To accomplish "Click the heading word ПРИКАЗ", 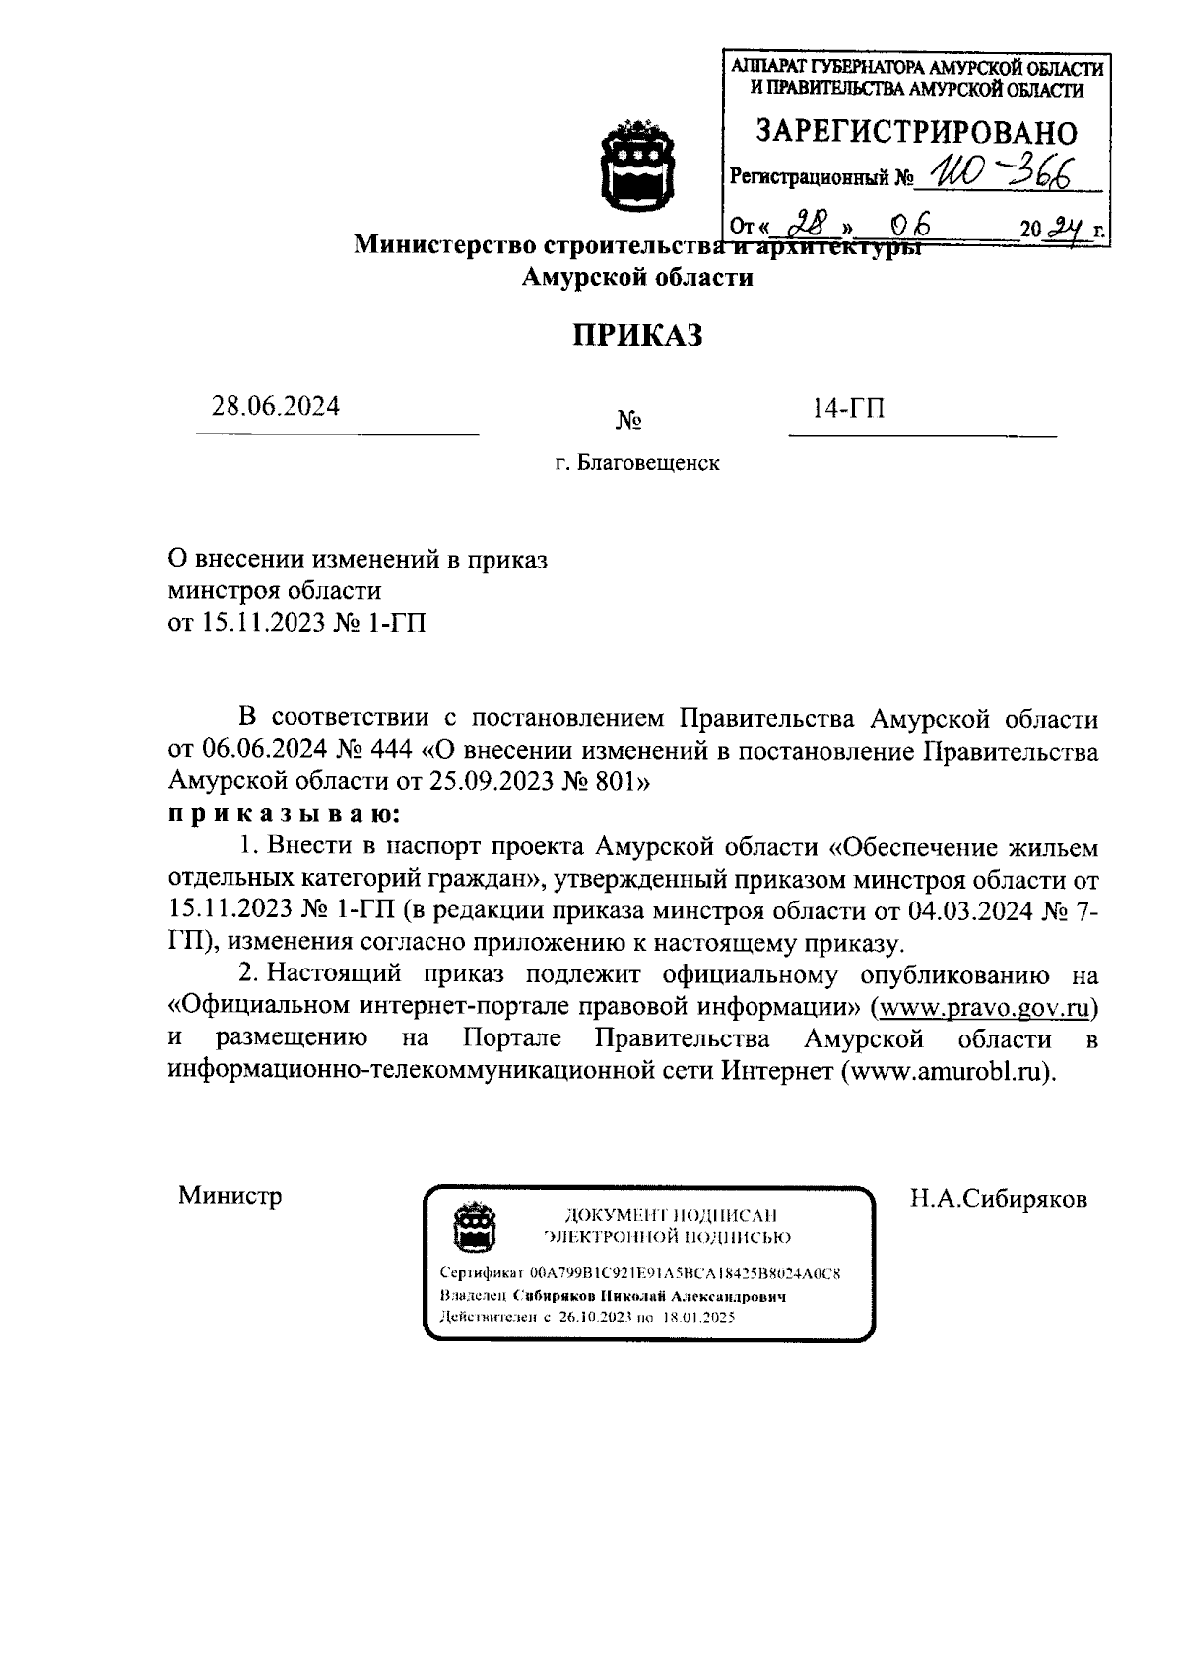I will [638, 336].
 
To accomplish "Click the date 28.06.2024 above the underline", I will [276, 406].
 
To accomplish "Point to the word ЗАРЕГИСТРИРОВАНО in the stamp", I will [915, 132].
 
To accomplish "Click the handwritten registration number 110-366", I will [994, 176].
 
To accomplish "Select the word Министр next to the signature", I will [230, 1196].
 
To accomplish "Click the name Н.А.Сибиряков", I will [998, 1199].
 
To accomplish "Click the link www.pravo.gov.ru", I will [987, 1008].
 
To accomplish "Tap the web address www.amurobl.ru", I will [948, 1072].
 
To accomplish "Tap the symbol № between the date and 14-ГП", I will [628, 422].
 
